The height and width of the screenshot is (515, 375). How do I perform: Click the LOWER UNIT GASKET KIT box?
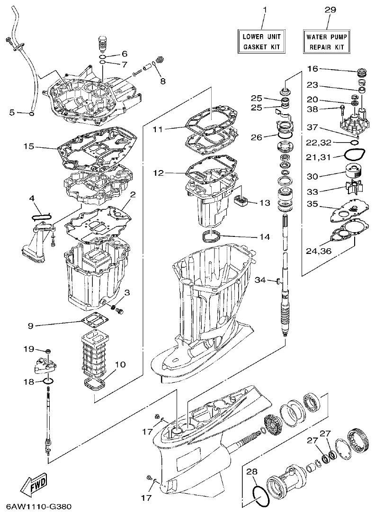click(x=262, y=41)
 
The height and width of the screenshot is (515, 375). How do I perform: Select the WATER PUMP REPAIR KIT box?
click(x=326, y=41)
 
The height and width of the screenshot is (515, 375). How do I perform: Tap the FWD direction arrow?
click(x=34, y=484)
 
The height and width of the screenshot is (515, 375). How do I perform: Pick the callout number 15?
click(x=28, y=146)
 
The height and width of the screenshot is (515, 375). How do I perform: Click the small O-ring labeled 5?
click(x=31, y=113)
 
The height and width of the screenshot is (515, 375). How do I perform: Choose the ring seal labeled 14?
click(x=212, y=235)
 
